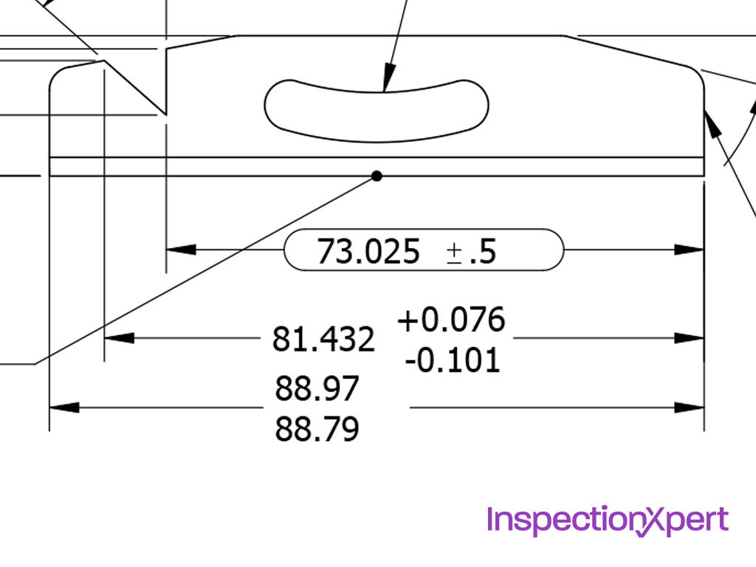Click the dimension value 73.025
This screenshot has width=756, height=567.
click(368, 252)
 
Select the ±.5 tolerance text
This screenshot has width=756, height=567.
click(471, 252)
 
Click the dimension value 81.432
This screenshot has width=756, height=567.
click(323, 340)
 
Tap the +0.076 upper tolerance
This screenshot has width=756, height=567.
click(451, 320)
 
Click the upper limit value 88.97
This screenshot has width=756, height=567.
click(317, 388)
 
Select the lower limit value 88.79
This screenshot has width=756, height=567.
click(317, 428)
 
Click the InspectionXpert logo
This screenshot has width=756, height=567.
click(607, 520)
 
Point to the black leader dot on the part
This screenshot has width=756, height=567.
click(377, 176)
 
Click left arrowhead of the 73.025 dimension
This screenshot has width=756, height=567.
click(179, 250)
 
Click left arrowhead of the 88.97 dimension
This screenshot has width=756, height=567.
click(63, 407)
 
